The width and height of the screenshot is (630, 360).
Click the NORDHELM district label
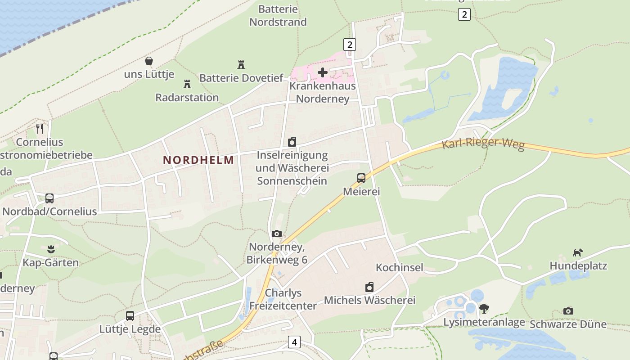click(198, 160)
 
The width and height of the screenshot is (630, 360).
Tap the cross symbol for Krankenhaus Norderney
click(323, 72)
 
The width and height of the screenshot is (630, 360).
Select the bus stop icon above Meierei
click(361, 178)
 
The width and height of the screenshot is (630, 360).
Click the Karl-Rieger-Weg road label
click(483, 144)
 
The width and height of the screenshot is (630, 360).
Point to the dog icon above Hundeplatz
click(578, 252)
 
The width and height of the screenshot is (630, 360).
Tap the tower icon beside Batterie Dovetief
click(241, 65)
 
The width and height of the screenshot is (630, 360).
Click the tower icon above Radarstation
click(187, 84)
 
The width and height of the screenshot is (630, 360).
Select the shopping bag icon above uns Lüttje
click(148, 61)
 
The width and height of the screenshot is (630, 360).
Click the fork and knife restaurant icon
click(40, 128)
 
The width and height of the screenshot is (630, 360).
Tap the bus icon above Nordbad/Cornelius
click(49, 198)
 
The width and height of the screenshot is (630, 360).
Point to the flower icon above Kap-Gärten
click(51, 249)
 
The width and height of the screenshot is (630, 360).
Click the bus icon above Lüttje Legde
click(130, 315)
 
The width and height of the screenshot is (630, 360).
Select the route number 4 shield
click(294, 342)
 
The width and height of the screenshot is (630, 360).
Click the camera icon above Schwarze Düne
click(568, 311)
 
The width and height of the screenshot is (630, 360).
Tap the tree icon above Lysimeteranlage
click(484, 308)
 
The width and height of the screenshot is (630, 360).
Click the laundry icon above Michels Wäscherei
click(369, 287)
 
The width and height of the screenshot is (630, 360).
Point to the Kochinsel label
click(400, 267)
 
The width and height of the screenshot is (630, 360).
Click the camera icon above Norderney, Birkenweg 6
click(277, 234)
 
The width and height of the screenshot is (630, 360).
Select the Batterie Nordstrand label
click(278, 15)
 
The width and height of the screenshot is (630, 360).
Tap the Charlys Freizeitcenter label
click(283, 299)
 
